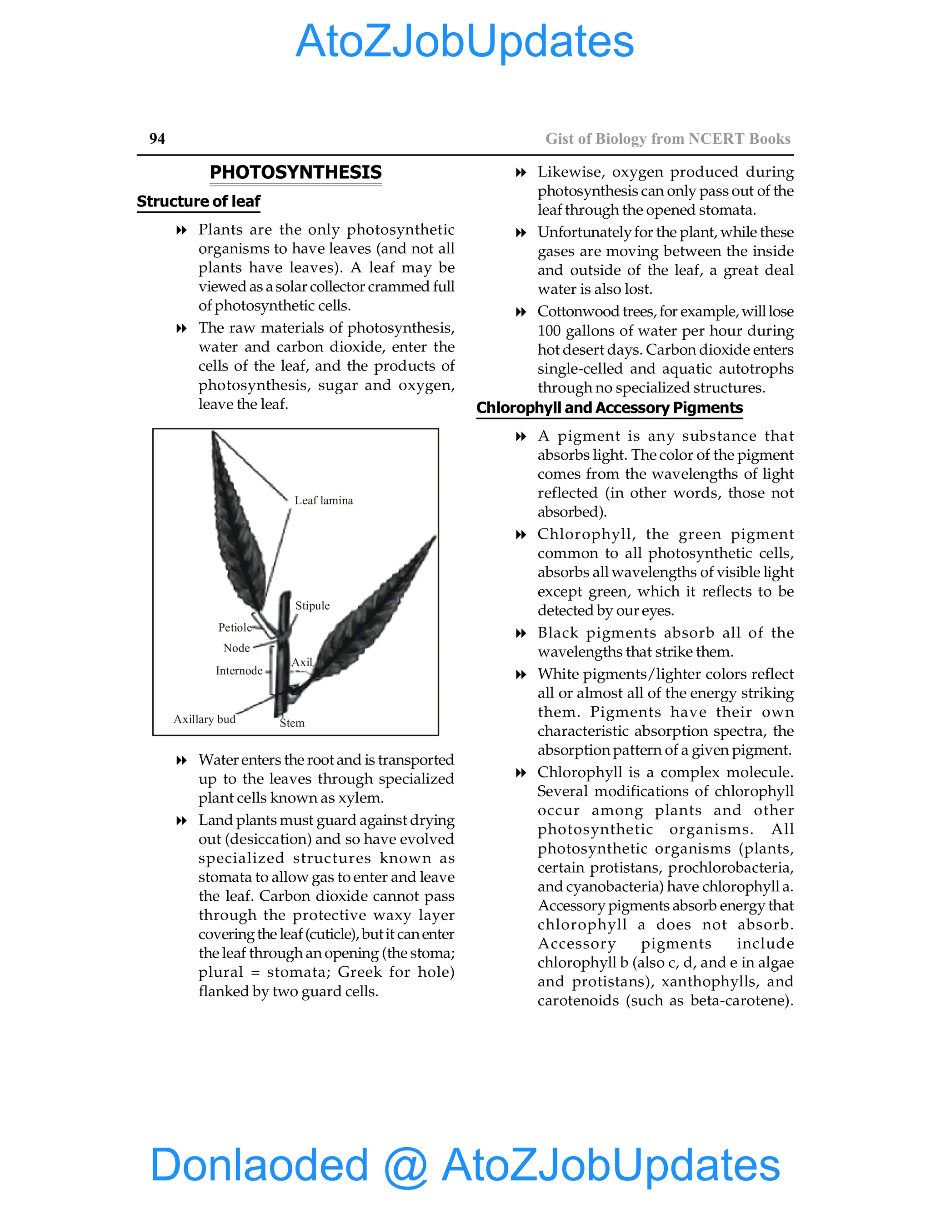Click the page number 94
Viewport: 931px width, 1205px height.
click(x=157, y=139)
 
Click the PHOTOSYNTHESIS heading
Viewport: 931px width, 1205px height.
click(x=295, y=172)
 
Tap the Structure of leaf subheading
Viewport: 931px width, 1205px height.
click(x=198, y=201)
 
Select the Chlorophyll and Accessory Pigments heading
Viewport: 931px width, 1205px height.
click(x=610, y=408)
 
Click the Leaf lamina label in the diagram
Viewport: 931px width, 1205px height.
click(x=323, y=501)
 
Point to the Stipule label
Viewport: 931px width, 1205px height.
click(x=312, y=605)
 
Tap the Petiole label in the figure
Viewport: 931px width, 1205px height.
click(x=235, y=628)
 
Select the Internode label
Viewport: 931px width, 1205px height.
click(x=239, y=670)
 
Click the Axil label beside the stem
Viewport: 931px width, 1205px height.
click(x=302, y=662)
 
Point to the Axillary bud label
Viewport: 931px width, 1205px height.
click(x=204, y=719)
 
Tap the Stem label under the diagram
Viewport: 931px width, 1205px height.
click(x=292, y=723)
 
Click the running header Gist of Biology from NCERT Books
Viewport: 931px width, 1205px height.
click(x=667, y=139)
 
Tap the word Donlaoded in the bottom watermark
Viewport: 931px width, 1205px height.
click(x=259, y=1164)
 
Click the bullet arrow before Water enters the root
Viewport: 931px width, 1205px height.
click(x=181, y=761)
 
